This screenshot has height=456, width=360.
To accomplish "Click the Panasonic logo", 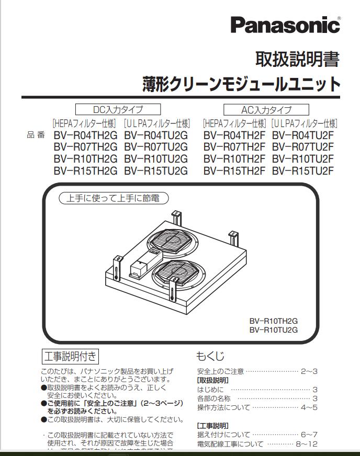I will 285,25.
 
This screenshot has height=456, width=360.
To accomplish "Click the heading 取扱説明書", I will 297,59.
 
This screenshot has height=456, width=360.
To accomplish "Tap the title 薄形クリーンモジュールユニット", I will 241,84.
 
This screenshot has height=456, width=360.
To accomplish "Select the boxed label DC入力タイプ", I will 117,109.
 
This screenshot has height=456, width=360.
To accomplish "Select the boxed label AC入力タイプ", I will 266,110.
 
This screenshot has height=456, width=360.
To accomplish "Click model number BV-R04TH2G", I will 85,135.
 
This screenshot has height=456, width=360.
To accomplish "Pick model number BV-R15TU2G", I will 156,170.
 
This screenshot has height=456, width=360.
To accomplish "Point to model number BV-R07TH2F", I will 234,147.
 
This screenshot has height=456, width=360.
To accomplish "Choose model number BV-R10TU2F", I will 303,159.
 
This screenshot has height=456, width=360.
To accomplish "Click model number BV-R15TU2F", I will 303,170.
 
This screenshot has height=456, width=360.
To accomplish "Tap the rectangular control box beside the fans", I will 140,268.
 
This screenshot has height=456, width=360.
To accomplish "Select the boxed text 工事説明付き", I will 70,357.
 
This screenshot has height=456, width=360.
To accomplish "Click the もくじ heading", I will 210,356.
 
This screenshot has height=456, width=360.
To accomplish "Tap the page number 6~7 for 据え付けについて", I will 309,434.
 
